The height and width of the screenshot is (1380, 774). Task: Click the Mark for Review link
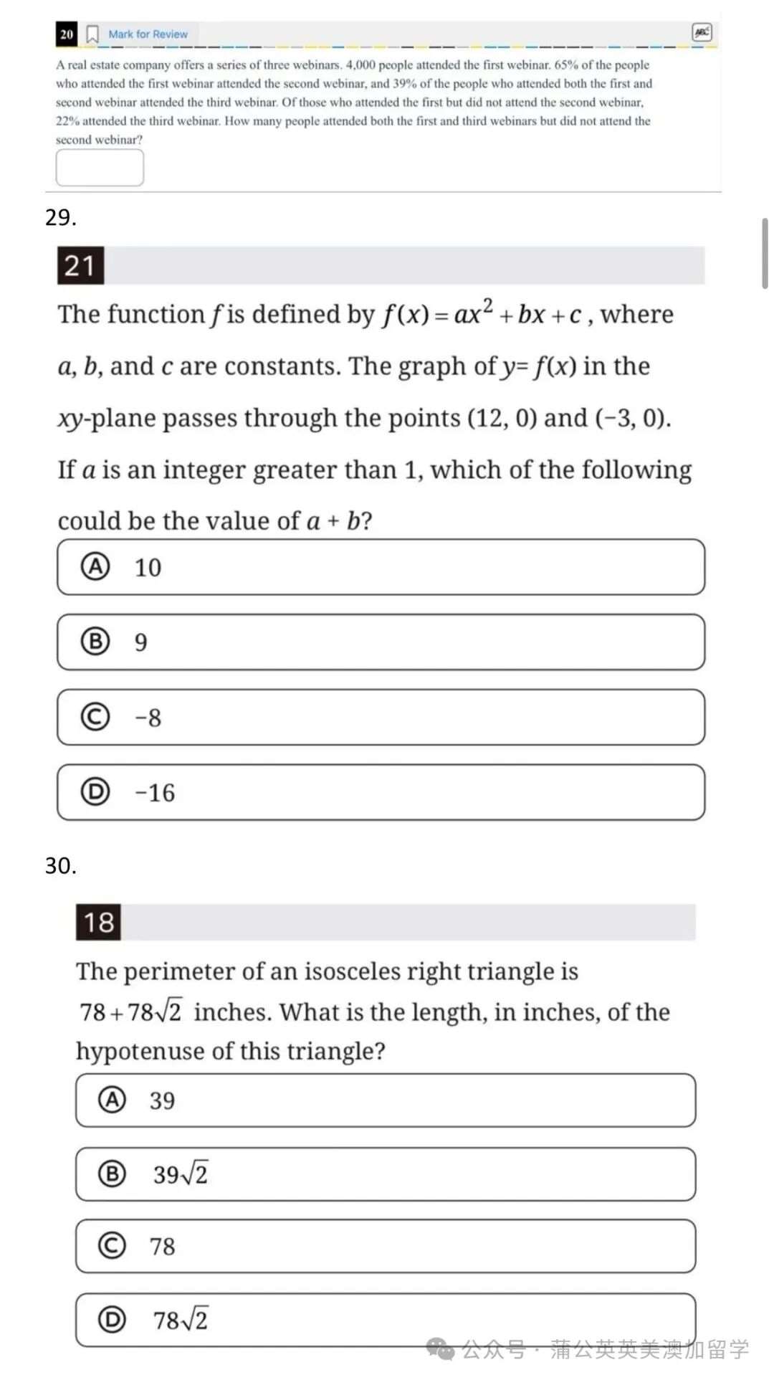pyautogui.click(x=148, y=34)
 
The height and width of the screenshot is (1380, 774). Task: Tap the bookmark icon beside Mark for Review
pyautogui.click(x=92, y=34)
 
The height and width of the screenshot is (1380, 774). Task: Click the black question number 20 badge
pyautogui.click(x=67, y=34)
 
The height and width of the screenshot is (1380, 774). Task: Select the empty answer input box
pyautogui.click(x=100, y=168)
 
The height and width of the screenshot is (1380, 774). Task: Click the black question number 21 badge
pyautogui.click(x=80, y=265)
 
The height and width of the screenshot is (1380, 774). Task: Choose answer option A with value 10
pyautogui.click(x=381, y=567)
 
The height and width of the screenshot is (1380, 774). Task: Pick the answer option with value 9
pyautogui.click(x=381, y=642)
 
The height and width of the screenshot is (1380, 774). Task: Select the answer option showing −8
pyautogui.click(x=381, y=717)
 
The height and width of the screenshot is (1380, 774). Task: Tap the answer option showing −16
pyautogui.click(x=381, y=792)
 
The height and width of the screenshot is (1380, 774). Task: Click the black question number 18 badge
pyautogui.click(x=99, y=922)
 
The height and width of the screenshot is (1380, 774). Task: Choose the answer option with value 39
pyautogui.click(x=386, y=1100)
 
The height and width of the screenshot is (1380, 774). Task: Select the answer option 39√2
pyautogui.click(x=386, y=1174)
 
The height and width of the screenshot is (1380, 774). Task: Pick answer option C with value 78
pyautogui.click(x=386, y=1246)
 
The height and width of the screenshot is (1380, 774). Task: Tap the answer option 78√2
pyautogui.click(x=386, y=1320)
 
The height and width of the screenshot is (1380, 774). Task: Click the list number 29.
pyautogui.click(x=60, y=217)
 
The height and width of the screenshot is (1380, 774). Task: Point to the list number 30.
pyautogui.click(x=60, y=865)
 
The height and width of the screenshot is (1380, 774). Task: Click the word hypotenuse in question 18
pyautogui.click(x=140, y=1051)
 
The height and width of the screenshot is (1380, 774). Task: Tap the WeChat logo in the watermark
pyautogui.click(x=440, y=1349)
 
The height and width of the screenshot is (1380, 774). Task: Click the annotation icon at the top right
pyautogui.click(x=702, y=32)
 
